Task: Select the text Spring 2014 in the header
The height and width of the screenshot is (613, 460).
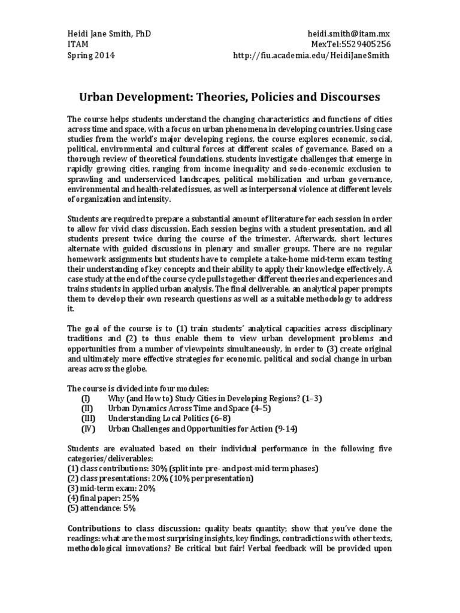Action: click(90, 56)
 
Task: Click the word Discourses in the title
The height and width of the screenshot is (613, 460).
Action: click(342, 96)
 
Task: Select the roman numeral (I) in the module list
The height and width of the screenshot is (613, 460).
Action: click(86, 399)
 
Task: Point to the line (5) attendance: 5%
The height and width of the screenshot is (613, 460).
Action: click(102, 509)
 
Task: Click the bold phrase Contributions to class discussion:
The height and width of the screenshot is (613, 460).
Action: click(133, 529)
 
